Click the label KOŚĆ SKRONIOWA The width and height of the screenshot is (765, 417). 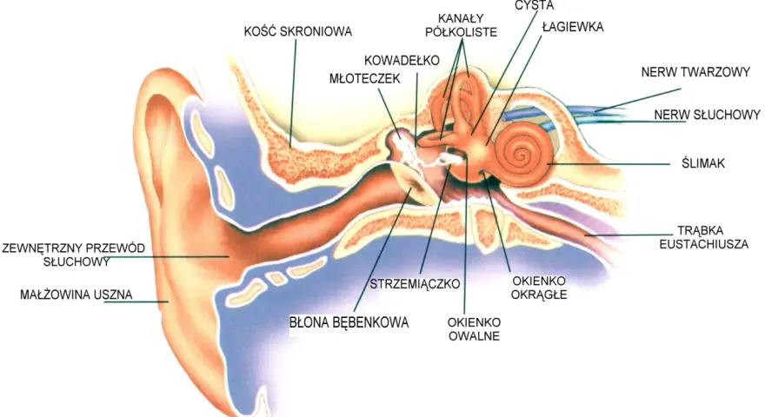[297, 31]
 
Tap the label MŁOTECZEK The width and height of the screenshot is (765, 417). [364, 78]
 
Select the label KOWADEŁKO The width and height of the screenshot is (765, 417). [402, 61]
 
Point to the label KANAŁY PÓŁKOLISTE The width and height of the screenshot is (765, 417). [461, 25]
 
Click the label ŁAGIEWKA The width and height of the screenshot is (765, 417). [573, 26]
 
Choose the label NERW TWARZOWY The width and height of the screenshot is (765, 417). [695, 72]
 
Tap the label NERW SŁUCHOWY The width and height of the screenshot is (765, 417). [707, 115]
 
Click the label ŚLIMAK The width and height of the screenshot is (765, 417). [703, 163]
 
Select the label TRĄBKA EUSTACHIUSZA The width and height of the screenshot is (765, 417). [703, 237]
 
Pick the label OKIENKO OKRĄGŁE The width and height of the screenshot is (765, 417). [539, 288]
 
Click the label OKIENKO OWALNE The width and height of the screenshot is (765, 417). [474, 329]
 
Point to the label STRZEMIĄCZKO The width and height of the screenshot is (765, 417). [415, 284]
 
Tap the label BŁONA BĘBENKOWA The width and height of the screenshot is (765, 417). [349, 322]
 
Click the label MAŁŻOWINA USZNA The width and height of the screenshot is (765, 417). [76, 295]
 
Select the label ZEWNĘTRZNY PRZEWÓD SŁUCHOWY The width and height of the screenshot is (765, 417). [74, 255]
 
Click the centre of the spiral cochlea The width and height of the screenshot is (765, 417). [522, 156]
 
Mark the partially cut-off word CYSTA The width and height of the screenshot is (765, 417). [535, 5]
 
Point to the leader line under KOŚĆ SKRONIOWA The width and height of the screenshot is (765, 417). [293, 93]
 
